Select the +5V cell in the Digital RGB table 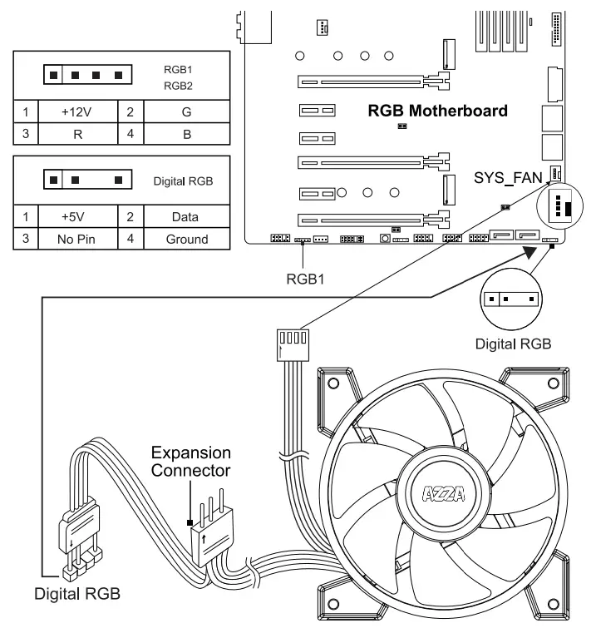76,217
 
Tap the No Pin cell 76,239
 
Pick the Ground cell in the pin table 186,239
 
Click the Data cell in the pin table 186,217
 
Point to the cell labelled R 76,132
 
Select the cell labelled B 186,132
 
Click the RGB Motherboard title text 437,110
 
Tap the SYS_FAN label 508,177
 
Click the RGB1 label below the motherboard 304,279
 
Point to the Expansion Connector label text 190,462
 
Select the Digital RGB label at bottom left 76,594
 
